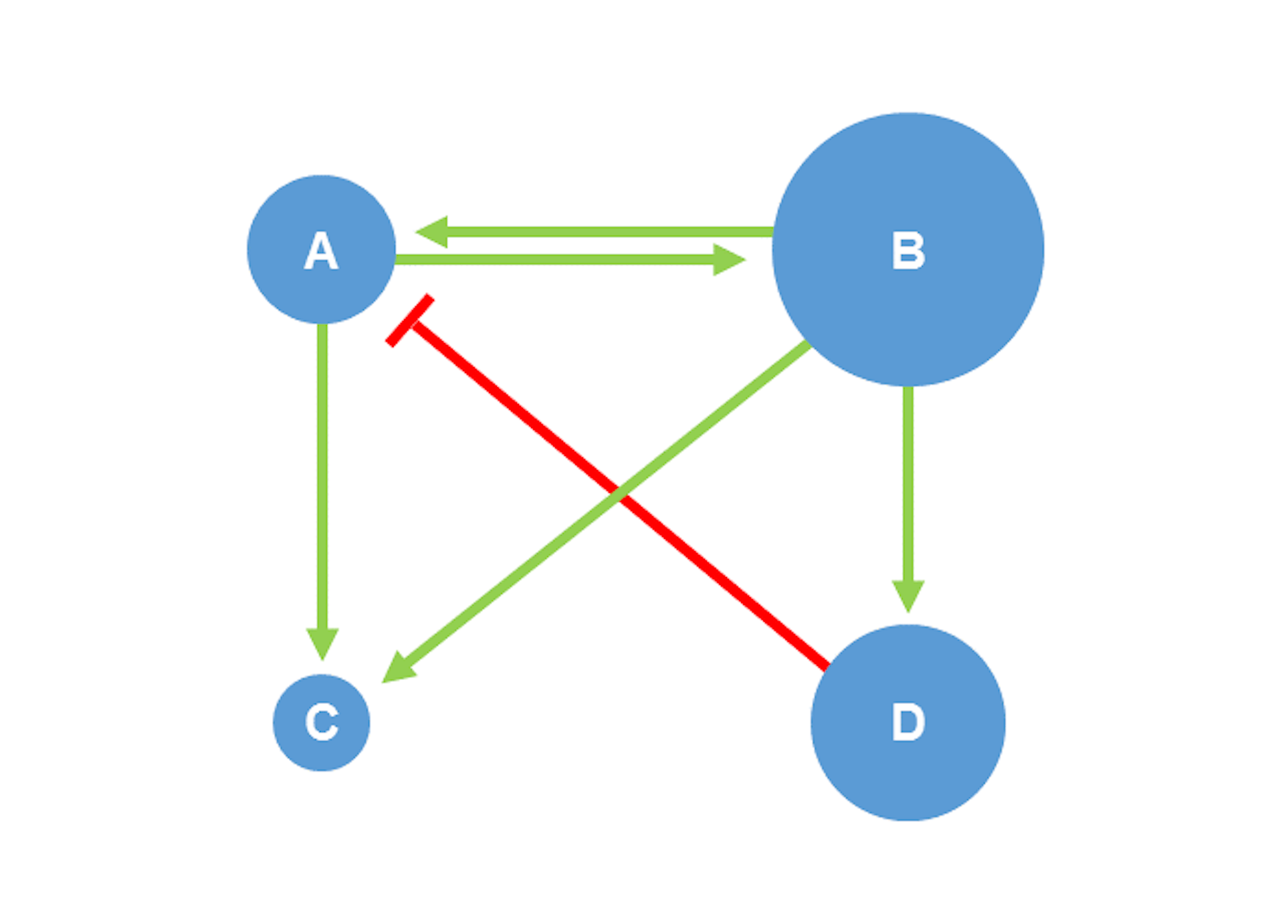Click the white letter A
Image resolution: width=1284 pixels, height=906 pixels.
coord(321,251)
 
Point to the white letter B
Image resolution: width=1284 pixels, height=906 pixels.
coord(908,251)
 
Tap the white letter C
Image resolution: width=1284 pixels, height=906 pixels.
coord(322,722)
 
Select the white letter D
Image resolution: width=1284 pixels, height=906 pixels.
coord(908,722)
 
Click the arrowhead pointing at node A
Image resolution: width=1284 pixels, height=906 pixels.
coord(433,232)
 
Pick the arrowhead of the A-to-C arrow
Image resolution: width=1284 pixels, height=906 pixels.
coord(322,643)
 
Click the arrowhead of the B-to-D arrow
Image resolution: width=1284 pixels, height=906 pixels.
coord(907,594)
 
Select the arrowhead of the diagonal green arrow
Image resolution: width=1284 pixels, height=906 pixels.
coord(399,668)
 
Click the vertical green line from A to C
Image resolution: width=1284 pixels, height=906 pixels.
coord(322,468)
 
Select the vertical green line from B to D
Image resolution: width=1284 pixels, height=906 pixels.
coord(907,481)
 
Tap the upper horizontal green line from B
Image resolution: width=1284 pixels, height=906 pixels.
coord(602,232)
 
